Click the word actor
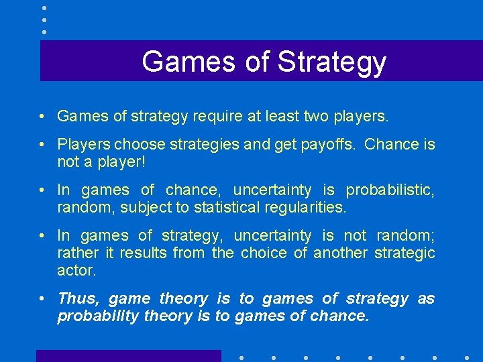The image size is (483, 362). click(x=76, y=270)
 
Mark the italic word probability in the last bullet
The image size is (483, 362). click(x=98, y=316)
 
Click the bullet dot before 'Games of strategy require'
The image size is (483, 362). click(x=42, y=117)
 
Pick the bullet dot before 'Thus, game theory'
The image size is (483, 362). click(x=42, y=299)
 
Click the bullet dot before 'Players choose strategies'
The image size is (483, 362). click(x=42, y=145)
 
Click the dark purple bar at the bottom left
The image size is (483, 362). click(x=128, y=356)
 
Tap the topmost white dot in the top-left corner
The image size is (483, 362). click(x=44, y=7)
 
